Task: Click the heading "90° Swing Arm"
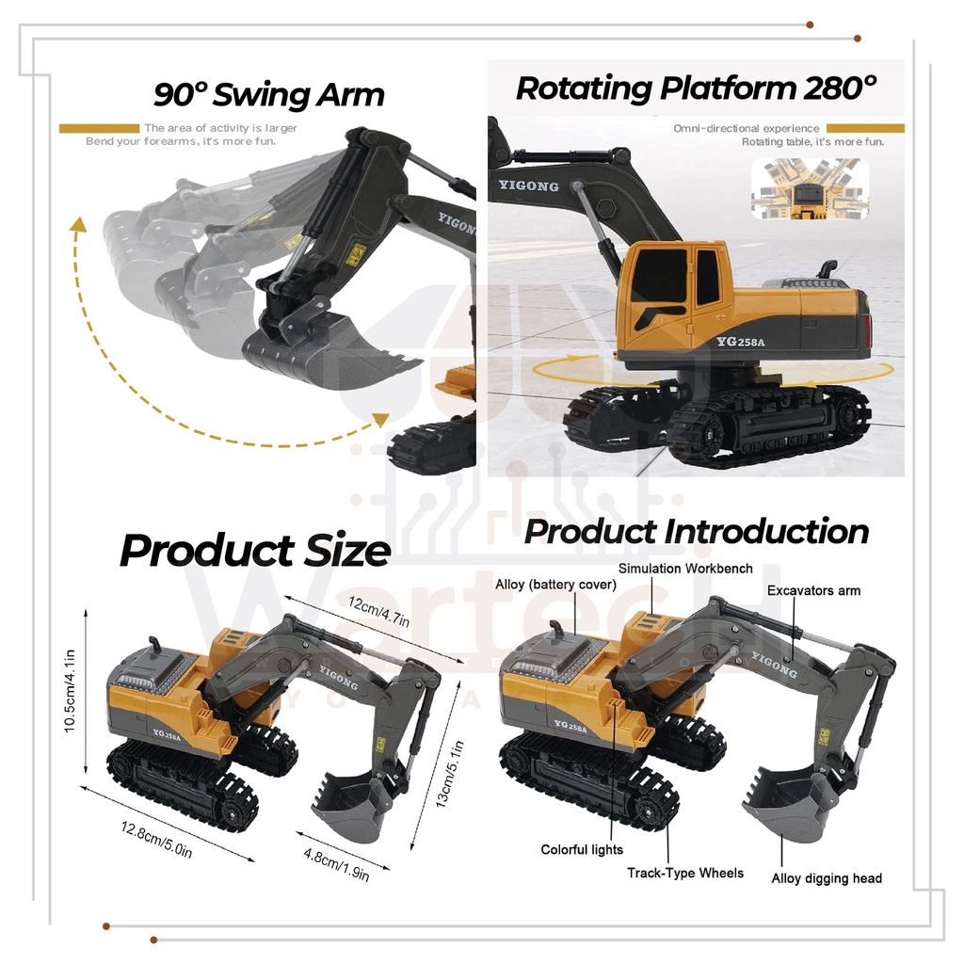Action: [269, 95]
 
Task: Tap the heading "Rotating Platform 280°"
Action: [696, 88]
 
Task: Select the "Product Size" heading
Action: [254, 551]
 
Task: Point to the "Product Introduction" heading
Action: [696, 532]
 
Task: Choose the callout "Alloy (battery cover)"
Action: [555, 585]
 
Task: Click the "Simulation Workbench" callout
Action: [685, 569]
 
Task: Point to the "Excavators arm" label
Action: [813, 591]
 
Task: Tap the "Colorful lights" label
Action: [582, 850]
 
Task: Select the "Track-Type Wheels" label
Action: [685, 874]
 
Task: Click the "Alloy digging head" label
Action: [827, 878]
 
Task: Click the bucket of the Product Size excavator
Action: [351, 807]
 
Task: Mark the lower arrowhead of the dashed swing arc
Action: [381, 420]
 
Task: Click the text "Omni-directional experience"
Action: [747, 129]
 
